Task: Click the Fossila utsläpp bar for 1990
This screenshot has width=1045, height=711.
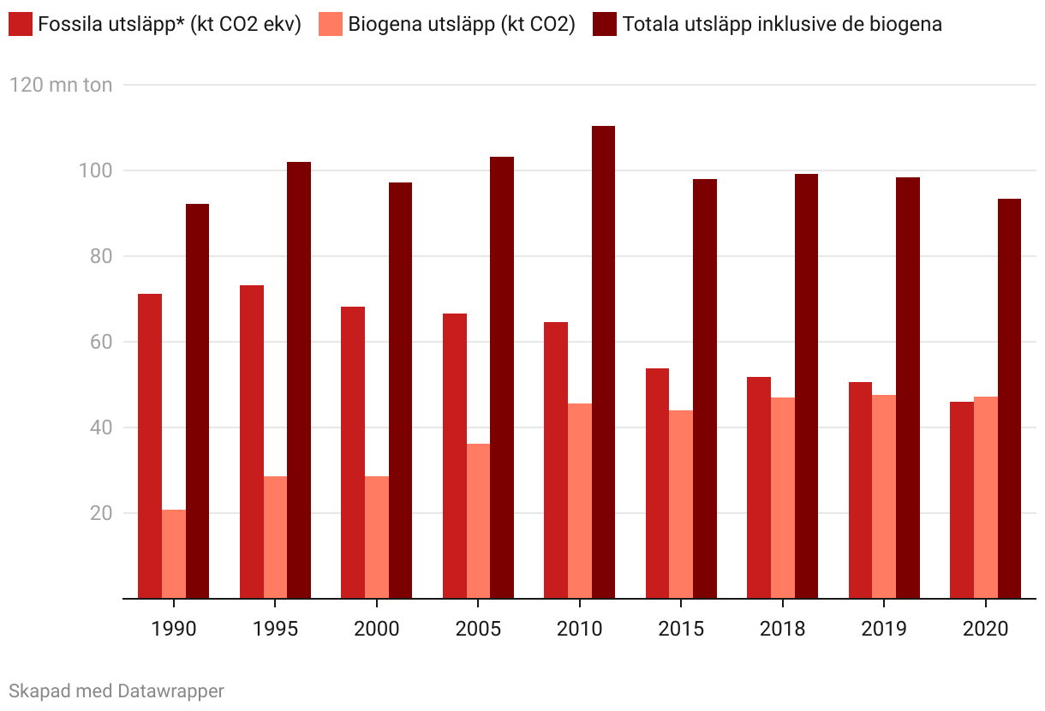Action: [x=150, y=445]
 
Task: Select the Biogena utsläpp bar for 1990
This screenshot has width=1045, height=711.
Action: [x=174, y=553]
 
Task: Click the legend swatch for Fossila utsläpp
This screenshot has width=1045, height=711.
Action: [x=21, y=24]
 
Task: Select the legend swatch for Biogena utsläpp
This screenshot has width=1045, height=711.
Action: [x=331, y=24]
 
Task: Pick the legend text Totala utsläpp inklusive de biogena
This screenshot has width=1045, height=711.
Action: [x=782, y=24]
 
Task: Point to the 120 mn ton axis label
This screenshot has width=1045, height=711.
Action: [x=61, y=85]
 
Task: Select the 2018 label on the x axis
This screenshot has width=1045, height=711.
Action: [x=783, y=629]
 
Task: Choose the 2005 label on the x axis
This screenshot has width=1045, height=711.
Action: [x=478, y=629]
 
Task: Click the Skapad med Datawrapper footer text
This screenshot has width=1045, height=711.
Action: [x=116, y=690]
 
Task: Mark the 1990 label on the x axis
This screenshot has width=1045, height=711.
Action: [x=174, y=629]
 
